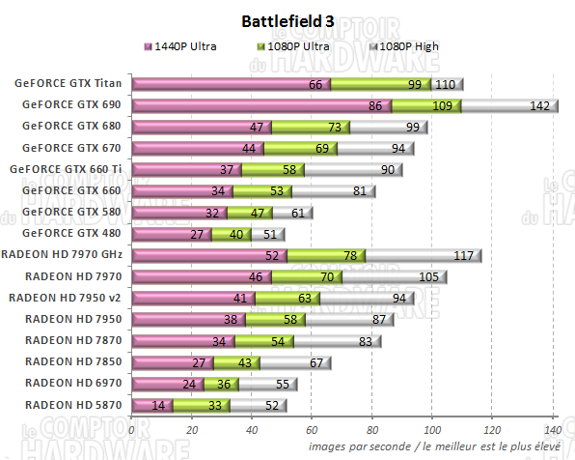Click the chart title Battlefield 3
tap(287, 20)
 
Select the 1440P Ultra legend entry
tap(187, 45)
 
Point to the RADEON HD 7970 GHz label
tap(64, 255)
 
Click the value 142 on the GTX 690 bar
tap(539, 105)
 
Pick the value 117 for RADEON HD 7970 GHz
tap(464, 255)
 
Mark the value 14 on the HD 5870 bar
tap(157, 405)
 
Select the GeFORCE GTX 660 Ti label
tap(67, 169)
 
